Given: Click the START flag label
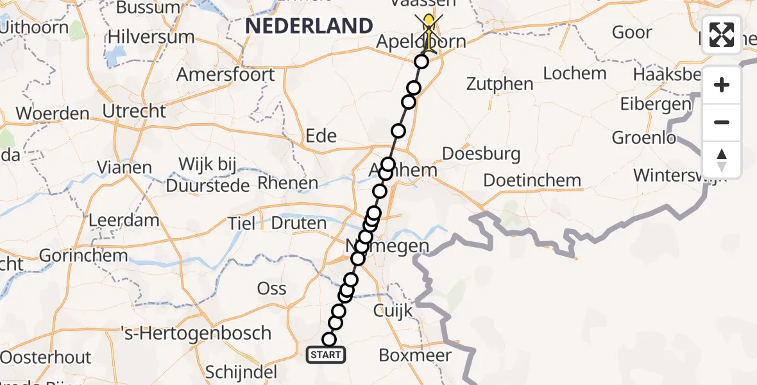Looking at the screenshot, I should (x=327, y=354).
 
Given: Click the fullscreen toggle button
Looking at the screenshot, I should (x=722, y=35).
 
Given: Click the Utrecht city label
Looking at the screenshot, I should (x=135, y=111).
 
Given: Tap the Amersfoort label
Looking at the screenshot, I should (x=225, y=74).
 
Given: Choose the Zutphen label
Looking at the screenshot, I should (x=500, y=84).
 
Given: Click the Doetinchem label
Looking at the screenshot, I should (x=532, y=180).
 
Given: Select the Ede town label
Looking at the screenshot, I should (x=321, y=135).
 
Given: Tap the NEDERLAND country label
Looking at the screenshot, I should (x=309, y=26).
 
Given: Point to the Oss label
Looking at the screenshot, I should (x=271, y=288).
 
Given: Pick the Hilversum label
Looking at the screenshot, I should (x=151, y=37).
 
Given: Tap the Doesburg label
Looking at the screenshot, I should (x=481, y=154).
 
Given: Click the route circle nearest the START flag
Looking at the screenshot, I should (x=329, y=339).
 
